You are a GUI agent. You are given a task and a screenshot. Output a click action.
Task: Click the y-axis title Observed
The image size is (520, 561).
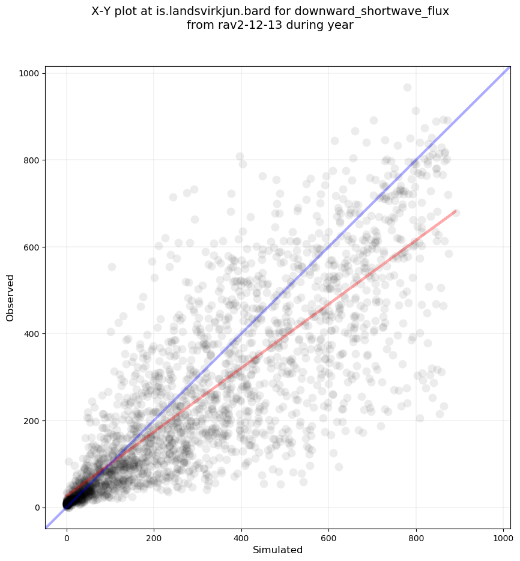coord(10,297)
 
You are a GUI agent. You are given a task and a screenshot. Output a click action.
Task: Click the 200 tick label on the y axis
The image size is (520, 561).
coord(32,420)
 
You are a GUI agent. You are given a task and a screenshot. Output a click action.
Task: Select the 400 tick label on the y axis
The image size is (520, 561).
coord(32,333)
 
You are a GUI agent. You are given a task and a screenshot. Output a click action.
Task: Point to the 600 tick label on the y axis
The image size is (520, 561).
coord(32,247)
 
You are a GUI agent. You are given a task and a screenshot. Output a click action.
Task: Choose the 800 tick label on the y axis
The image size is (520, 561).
coord(32,160)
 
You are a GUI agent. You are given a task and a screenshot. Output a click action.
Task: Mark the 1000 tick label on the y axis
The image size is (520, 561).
coord(30,73)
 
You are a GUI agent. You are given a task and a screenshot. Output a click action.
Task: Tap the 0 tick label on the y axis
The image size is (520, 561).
coord(38,507)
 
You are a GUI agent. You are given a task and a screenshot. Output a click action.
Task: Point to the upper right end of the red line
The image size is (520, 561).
coord(456,211)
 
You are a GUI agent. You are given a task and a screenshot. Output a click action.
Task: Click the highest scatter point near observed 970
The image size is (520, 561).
coord(407,87)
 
